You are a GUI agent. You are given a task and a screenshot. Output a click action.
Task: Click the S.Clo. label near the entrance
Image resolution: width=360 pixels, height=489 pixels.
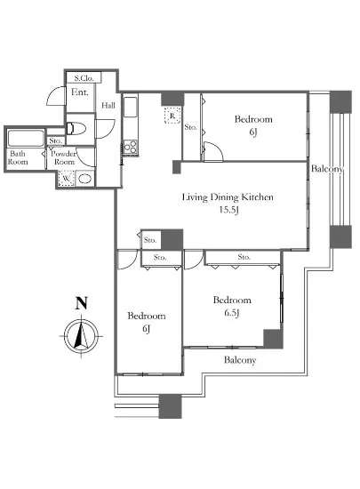(x=84, y=78)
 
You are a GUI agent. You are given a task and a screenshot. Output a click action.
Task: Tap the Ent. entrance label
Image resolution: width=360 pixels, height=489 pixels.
(x=80, y=92)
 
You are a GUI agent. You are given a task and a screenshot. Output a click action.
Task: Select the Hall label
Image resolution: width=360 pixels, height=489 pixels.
(x=108, y=106)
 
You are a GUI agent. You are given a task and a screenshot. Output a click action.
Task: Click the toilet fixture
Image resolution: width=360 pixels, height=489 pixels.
(x=76, y=129)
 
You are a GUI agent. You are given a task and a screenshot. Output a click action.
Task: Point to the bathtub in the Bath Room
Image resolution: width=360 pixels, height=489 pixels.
(x=26, y=138)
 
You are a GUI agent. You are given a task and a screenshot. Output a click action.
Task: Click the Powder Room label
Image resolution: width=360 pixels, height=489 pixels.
(x=64, y=157)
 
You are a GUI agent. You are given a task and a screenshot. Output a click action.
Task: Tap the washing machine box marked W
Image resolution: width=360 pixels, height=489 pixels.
(x=66, y=179)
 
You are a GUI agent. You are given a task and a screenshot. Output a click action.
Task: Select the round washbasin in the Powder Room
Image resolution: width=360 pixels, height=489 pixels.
(x=84, y=179)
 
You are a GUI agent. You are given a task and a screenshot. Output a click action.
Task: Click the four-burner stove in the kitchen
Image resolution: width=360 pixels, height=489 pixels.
(x=130, y=147)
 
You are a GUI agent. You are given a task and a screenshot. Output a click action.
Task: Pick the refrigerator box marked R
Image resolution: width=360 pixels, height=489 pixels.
(x=172, y=116)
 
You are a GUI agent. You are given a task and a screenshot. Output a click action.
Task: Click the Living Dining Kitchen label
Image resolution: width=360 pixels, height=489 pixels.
(x=228, y=197)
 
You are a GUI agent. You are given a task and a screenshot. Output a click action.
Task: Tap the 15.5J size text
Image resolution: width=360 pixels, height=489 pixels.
(x=228, y=210)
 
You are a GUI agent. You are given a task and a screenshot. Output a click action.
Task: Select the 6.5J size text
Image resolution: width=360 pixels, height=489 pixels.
(x=232, y=312)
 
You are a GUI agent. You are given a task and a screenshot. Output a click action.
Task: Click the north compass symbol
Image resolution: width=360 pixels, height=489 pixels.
(x=81, y=337)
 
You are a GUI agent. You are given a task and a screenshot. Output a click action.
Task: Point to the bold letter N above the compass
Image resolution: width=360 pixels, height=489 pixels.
(x=82, y=303)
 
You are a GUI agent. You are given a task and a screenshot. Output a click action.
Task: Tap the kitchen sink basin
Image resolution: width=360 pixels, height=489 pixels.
(x=131, y=108)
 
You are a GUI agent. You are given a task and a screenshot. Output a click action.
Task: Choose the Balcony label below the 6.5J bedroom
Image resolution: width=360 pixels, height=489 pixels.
(x=240, y=360)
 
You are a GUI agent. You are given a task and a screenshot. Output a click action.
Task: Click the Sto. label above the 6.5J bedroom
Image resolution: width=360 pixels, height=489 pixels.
(x=244, y=257)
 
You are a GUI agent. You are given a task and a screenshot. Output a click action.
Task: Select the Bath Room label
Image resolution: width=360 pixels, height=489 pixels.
(x=18, y=157)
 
